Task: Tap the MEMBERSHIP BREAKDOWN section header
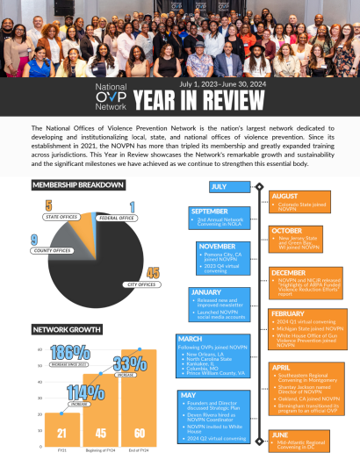click(x=77, y=185)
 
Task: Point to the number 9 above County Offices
click(x=34, y=240)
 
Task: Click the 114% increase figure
click(x=85, y=392)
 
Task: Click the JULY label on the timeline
click(x=220, y=187)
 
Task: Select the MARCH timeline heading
click(x=193, y=338)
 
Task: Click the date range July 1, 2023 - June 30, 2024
click(x=228, y=84)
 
